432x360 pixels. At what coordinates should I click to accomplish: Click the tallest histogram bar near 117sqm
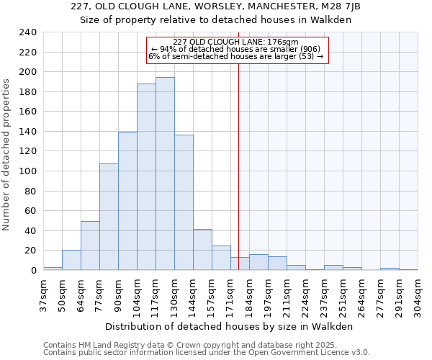coord(165,174)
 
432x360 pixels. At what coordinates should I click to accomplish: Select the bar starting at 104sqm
coord(146,177)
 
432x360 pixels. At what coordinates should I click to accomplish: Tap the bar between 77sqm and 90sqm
coord(109,217)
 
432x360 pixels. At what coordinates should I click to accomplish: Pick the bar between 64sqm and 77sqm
coord(90,246)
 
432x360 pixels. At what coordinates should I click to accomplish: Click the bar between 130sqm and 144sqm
coord(184,202)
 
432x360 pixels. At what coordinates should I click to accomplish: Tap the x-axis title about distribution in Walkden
coord(230,326)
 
